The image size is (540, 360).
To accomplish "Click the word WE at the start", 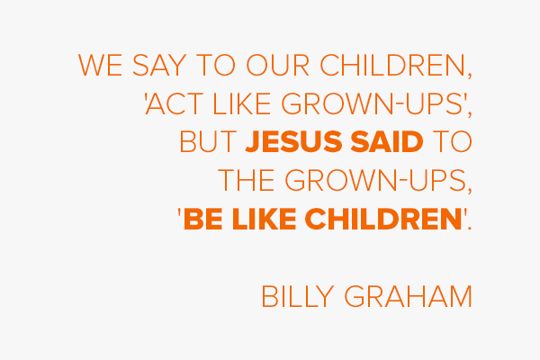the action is tap(100, 65).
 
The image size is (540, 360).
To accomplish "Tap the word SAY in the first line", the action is tap(159, 65).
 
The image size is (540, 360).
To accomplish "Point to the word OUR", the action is tap(278, 65).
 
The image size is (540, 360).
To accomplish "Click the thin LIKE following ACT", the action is tap(242, 103).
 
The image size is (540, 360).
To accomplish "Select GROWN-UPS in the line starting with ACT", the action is tap(372, 103).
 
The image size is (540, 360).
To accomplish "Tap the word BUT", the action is tap(208, 141).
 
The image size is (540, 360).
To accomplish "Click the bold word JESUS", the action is tap(293, 141).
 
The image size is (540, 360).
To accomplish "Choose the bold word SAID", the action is tap(387, 141).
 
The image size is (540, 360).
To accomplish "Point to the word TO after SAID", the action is tap(452, 141).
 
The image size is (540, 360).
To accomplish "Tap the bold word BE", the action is tap(203, 219).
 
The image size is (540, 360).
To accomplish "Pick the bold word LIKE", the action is tap(264, 219).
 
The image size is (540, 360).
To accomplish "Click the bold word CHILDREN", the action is tap(383, 219).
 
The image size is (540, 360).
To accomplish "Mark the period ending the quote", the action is tap(470, 228).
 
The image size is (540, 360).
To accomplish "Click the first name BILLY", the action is tap(298, 296).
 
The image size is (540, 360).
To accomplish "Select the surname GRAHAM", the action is tap(408, 296).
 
